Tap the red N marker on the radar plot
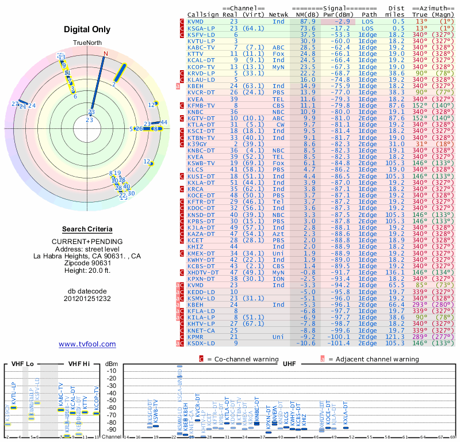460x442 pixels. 105,54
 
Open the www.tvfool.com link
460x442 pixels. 87,344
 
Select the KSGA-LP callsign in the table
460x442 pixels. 201,28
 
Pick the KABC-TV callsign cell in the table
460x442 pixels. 201,48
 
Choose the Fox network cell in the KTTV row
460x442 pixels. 278,54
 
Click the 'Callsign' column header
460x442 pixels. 203,15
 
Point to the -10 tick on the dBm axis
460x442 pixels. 111,371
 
